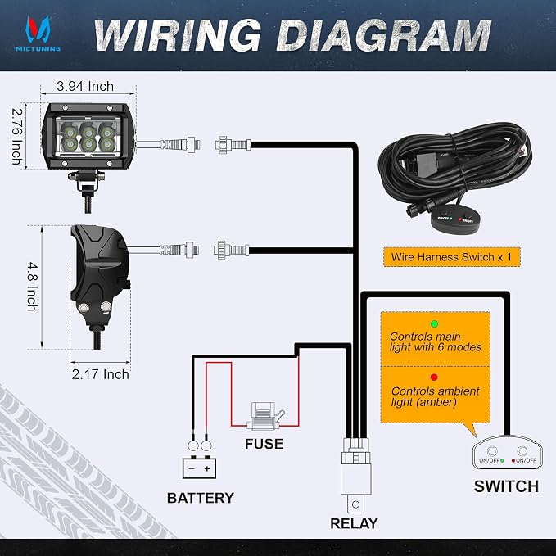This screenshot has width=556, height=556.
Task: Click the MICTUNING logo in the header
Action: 37,33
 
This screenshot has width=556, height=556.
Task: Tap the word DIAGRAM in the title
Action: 384,34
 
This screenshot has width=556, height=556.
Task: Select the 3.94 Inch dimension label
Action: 85,86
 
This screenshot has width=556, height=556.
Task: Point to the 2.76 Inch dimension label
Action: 17,136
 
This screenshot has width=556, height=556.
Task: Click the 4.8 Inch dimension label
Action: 33,287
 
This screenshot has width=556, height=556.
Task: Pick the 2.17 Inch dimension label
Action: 101,374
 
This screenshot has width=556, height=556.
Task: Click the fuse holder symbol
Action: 266,416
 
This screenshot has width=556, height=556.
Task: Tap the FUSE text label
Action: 264,444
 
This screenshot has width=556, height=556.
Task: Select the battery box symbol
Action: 199,468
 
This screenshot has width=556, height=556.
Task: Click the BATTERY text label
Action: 201,498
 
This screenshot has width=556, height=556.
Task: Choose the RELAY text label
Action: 354,523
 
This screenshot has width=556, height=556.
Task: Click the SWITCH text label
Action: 506,486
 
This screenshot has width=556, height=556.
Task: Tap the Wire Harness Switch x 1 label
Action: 452,257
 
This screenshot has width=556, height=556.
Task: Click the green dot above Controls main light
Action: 434,323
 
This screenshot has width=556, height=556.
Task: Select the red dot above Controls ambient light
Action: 434,377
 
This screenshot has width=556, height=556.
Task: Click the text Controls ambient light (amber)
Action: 435,396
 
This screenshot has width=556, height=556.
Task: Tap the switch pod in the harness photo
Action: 453,219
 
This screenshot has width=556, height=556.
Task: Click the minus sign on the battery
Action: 192,468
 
